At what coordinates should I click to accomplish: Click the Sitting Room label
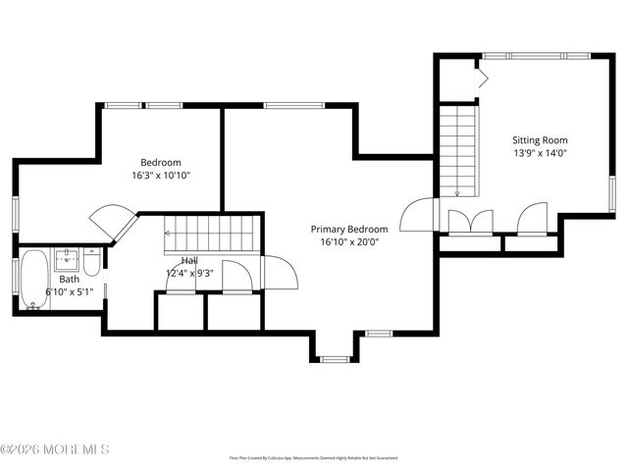click(x=540, y=140)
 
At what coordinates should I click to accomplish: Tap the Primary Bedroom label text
click(x=344, y=228)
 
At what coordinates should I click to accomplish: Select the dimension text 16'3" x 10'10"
click(x=160, y=176)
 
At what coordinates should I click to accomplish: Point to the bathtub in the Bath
click(x=33, y=279)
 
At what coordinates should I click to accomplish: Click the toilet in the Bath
click(x=90, y=264)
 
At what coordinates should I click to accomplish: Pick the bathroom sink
click(x=68, y=261)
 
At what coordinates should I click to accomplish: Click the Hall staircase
click(x=210, y=234)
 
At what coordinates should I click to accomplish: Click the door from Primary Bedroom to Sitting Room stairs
click(x=416, y=214)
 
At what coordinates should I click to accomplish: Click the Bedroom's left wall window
click(x=15, y=215)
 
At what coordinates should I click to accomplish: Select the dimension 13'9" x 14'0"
click(x=540, y=153)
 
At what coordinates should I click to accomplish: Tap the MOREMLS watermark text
click(x=55, y=449)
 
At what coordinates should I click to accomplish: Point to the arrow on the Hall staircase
click(x=169, y=234)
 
